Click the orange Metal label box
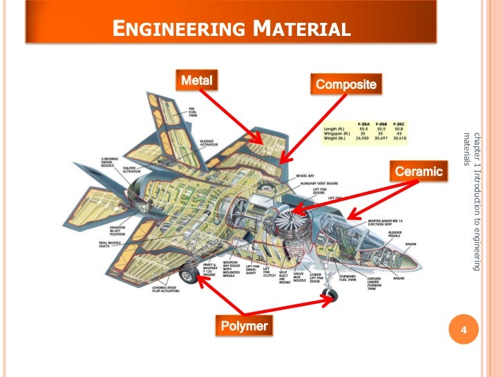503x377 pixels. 196,81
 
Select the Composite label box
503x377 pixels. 345,85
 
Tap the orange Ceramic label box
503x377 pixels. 417,171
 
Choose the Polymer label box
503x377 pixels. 244,325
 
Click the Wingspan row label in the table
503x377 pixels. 336,133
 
